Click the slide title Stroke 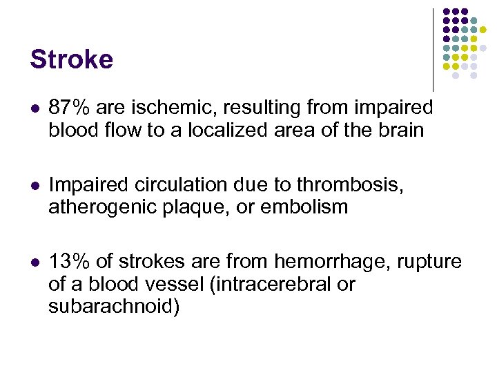click(x=71, y=59)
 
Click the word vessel click(x=178, y=283)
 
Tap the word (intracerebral click(x=277, y=283)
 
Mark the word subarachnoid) click(x=114, y=305)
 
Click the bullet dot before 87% click(x=35, y=109)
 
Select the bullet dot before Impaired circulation click(x=35, y=186)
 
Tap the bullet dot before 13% click(x=35, y=262)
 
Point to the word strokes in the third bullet click(x=153, y=261)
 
